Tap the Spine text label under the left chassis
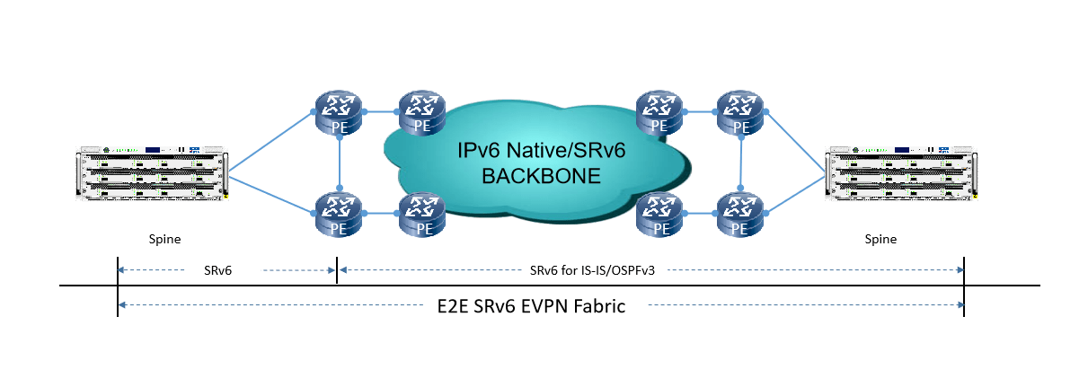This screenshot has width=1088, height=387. tap(165, 240)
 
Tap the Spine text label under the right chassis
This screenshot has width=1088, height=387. tap(880, 240)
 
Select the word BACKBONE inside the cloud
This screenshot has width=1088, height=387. tap(540, 176)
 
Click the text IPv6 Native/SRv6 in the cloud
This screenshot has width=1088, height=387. tap(540, 149)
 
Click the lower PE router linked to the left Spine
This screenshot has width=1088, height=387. tap(339, 215)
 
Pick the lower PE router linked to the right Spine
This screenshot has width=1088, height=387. tap(740, 215)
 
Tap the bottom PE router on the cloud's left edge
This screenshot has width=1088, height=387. tap(420, 215)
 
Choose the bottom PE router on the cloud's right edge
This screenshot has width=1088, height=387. tap(659, 215)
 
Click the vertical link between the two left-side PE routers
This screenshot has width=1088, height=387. tap(339, 163)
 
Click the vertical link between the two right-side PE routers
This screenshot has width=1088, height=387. tap(740, 163)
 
